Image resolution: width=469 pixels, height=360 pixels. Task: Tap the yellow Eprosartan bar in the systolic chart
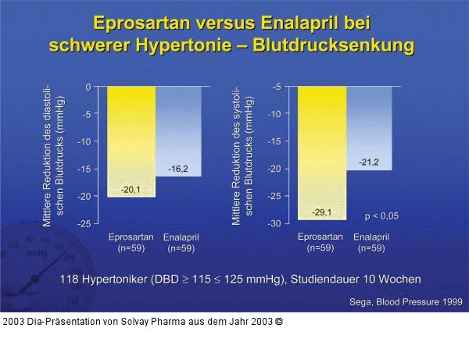[x=321, y=148]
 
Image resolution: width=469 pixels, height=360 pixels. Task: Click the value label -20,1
[x=131, y=190]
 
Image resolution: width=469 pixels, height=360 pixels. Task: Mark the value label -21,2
[x=369, y=162]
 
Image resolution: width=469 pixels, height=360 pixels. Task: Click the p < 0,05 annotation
[x=381, y=216]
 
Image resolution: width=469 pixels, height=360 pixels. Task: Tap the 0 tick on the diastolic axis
[x=88, y=87]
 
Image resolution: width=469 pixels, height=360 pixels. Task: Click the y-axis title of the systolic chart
[x=242, y=155]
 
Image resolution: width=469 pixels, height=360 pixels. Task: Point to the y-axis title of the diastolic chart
[x=53, y=155]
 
